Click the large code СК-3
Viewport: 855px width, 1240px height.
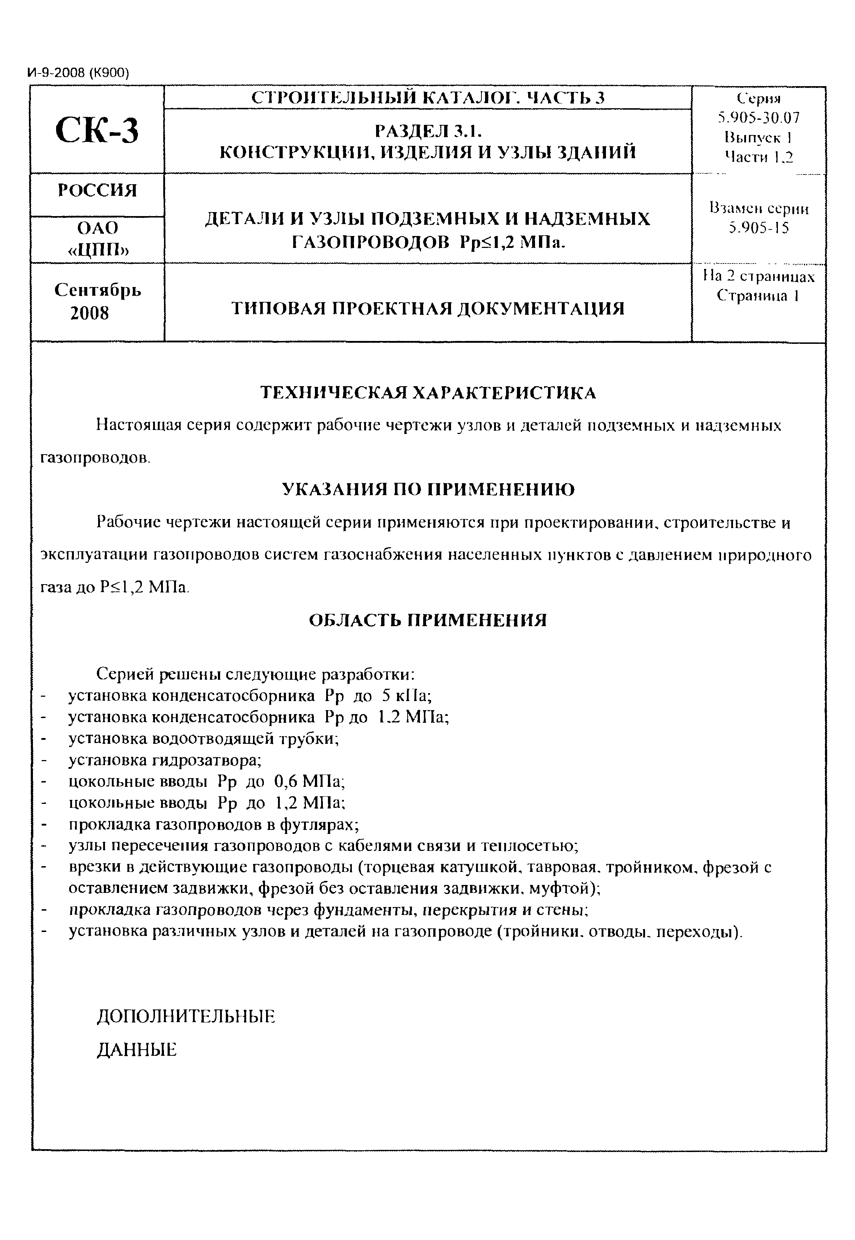[x=97, y=130]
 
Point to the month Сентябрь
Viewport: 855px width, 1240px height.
[x=98, y=290]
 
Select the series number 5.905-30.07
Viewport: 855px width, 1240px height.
[x=759, y=118]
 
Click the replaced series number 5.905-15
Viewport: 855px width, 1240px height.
[x=759, y=229]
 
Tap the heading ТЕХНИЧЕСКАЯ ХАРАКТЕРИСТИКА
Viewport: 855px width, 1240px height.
[x=427, y=393]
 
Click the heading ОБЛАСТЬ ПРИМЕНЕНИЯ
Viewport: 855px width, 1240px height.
[x=428, y=621]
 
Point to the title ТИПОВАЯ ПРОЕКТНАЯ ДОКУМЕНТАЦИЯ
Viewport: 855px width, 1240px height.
[x=427, y=309]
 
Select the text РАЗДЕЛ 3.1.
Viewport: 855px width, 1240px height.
[x=428, y=131]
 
